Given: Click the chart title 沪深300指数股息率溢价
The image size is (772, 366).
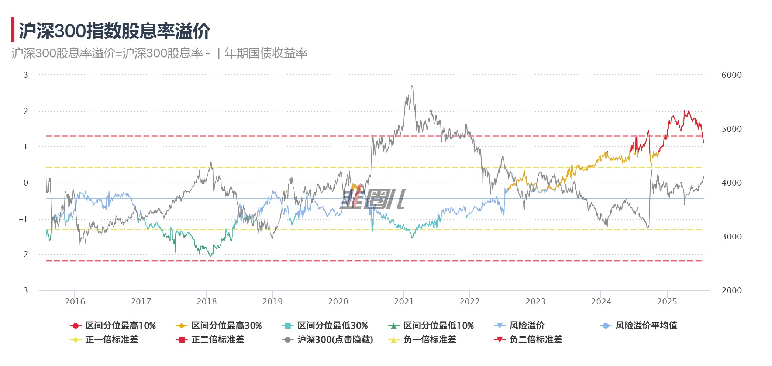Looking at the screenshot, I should pyautogui.click(x=114, y=31).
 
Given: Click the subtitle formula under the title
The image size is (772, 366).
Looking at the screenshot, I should pyautogui.click(x=159, y=53).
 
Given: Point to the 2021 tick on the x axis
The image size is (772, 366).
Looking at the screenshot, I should pyautogui.click(x=404, y=302).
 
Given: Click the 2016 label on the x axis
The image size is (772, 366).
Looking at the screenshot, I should pyautogui.click(x=75, y=302).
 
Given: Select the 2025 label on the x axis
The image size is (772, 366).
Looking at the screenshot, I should pyautogui.click(x=667, y=302).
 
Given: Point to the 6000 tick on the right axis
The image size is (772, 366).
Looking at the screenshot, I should pyautogui.click(x=731, y=75).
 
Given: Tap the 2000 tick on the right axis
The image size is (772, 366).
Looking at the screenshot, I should pyautogui.click(x=731, y=291).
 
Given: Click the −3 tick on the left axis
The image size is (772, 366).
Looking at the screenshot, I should pyautogui.click(x=24, y=291).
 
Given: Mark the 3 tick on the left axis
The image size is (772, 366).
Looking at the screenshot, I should pyautogui.click(x=26, y=75).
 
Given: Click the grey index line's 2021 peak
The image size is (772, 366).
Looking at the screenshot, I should pyautogui.click(x=412, y=86).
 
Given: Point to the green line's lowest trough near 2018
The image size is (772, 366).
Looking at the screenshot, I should pyautogui.click(x=211, y=256).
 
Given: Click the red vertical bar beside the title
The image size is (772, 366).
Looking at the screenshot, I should pyautogui.click(x=13, y=30).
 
